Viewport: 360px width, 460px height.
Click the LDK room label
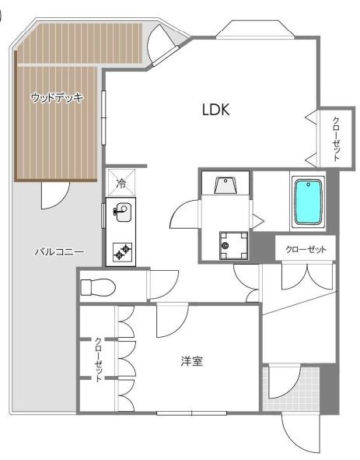215,110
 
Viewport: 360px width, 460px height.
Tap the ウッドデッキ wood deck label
57,97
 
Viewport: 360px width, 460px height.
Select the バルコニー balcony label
60,251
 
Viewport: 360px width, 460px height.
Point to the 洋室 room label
192,361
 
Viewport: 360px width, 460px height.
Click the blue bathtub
308,202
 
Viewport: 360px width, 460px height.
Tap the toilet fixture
98,287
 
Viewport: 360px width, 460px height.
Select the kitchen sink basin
123,212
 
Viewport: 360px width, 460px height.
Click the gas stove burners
123,252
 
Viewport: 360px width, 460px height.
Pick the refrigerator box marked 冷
121,182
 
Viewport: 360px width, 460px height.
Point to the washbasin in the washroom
225,184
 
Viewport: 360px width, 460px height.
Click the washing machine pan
233,245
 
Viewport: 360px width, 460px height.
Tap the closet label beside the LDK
336,139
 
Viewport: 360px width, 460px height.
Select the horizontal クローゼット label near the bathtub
306,249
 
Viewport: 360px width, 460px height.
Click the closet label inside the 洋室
98,360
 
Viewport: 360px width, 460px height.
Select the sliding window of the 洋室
192,413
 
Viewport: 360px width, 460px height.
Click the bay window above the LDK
255,30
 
